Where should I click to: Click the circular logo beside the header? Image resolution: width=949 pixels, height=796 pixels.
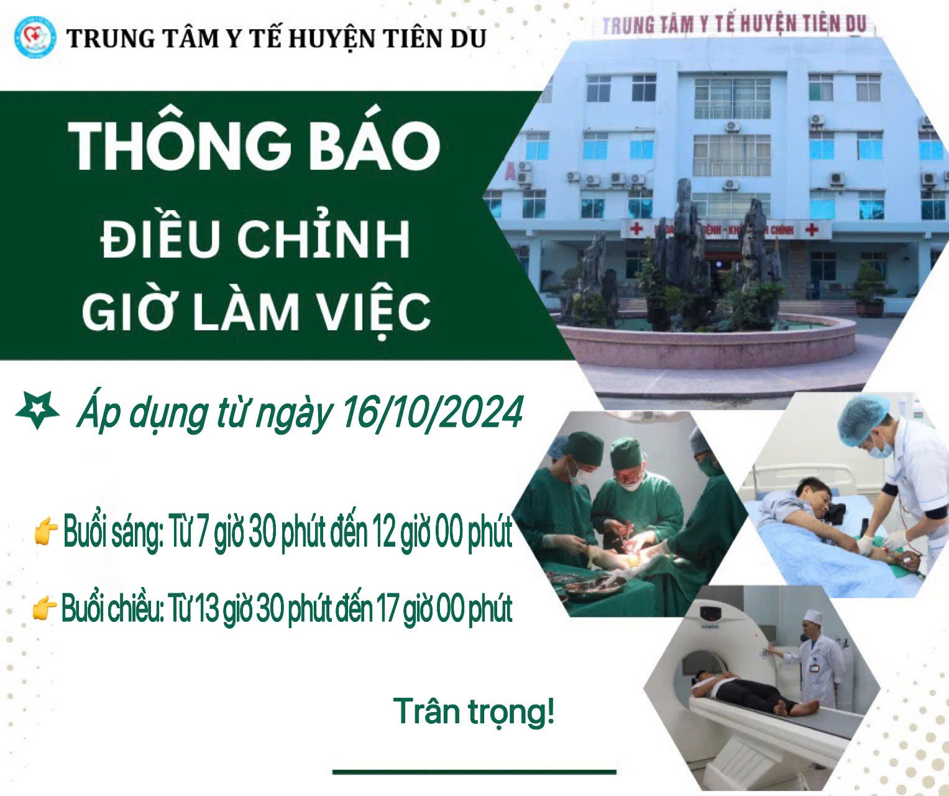(x=35, y=38)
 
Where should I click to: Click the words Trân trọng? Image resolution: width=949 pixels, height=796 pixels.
(x=474, y=712)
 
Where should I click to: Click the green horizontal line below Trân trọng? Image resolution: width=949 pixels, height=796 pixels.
(x=474, y=772)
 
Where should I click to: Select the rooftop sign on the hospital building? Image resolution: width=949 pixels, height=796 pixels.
(x=733, y=25)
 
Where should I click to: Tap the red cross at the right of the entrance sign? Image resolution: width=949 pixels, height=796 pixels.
(x=811, y=229)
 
